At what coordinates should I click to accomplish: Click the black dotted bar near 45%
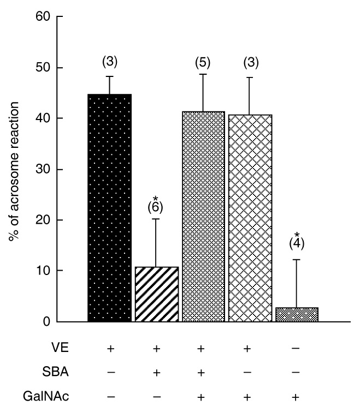pos(109,207)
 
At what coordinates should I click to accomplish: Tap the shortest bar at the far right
pos(297,315)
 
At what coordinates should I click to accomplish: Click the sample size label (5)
pos(203,63)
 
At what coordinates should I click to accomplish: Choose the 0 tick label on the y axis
pos(46,321)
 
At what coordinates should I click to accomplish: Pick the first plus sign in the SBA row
pos(156,373)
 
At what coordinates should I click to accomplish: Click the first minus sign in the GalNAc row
pos(110,397)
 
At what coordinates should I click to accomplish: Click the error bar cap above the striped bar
pos(156,219)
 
